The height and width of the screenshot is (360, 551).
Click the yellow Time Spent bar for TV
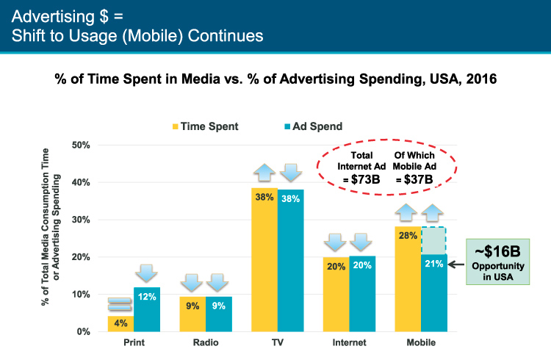point(264,260)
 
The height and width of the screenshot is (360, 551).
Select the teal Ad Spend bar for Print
point(147,309)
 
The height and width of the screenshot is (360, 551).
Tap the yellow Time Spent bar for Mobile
point(408,278)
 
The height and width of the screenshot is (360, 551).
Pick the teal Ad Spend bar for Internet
point(362,294)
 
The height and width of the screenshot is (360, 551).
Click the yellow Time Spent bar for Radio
point(192,314)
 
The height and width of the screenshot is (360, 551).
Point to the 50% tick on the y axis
point(81,145)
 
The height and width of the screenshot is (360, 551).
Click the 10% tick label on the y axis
point(81,295)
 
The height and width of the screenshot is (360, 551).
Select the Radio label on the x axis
point(206,342)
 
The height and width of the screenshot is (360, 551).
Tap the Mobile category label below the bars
point(421,342)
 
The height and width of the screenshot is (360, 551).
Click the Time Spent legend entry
point(205,126)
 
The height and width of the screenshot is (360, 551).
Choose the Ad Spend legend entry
point(313,126)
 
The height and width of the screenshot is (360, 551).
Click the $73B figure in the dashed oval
point(365,180)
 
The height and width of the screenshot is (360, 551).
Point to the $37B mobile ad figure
point(418,180)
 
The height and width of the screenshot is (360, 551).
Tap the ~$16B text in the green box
point(497,251)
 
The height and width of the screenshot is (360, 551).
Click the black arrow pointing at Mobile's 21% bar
point(456,264)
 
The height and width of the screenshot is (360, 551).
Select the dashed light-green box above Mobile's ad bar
point(434,240)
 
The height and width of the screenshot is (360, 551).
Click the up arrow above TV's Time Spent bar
point(264,173)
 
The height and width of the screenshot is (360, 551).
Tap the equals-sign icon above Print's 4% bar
point(120,304)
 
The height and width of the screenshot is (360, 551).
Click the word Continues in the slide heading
point(226,36)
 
